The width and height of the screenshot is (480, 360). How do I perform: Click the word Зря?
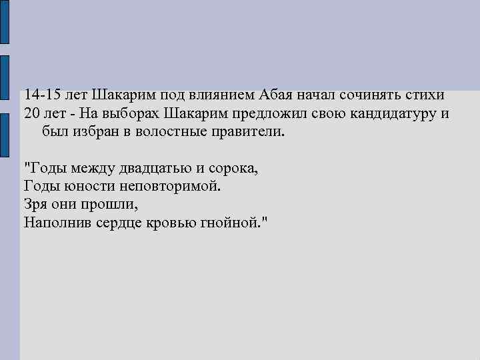point(36,204)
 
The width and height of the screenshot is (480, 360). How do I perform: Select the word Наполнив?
point(56,222)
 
